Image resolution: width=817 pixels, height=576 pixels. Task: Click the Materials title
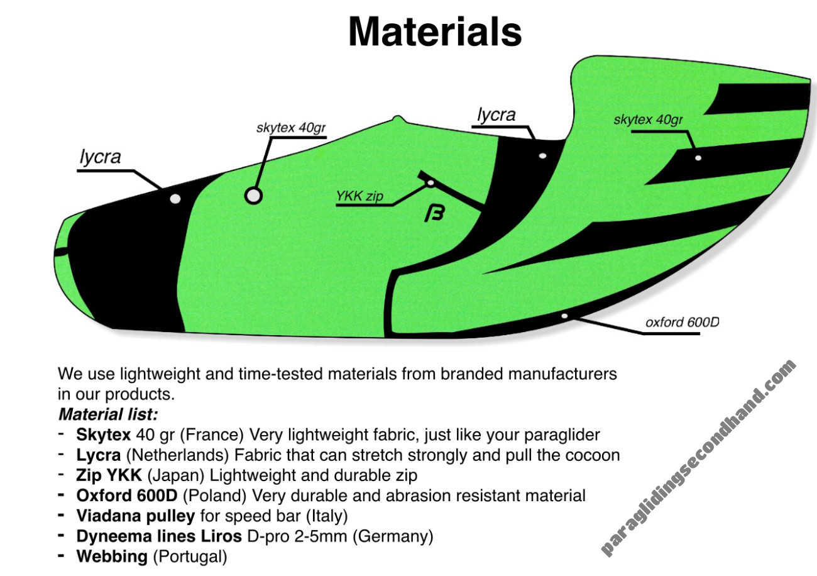pyautogui.click(x=435, y=32)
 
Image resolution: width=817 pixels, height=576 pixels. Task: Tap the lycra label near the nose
pyautogui.click(x=100, y=157)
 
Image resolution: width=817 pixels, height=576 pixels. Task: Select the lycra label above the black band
pyautogui.click(x=496, y=115)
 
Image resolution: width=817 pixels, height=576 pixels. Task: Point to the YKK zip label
pyautogui.click(x=359, y=196)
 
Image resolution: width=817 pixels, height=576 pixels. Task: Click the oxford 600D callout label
pyautogui.click(x=682, y=323)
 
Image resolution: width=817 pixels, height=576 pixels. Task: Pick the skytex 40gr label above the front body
pyautogui.click(x=291, y=128)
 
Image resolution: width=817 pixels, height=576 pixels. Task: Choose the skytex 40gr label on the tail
pyautogui.click(x=648, y=120)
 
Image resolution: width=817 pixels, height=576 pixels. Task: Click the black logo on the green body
pyautogui.click(x=434, y=213)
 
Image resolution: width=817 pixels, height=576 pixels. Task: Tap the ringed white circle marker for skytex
pyautogui.click(x=253, y=196)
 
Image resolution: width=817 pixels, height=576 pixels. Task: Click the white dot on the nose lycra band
pyautogui.click(x=175, y=199)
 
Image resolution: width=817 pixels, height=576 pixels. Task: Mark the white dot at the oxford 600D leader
pyautogui.click(x=564, y=316)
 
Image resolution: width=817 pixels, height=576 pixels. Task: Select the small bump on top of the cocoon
pyautogui.click(x=398, y=119)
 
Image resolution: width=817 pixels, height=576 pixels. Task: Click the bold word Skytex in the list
pyautogui.click(x=103, y=435)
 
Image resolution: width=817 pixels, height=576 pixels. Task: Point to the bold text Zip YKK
pyautogui.click(x=109, y=475)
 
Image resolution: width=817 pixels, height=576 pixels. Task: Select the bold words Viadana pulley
pyautogui.click(x=135, y=516)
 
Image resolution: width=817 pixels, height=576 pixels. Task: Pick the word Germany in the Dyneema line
pyautogui.click(x=393, y=536)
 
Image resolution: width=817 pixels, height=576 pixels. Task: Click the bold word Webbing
pyautogui.click(x=112, y=557)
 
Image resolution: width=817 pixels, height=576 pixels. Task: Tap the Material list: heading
pyautogui.click(x=108, y=414)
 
